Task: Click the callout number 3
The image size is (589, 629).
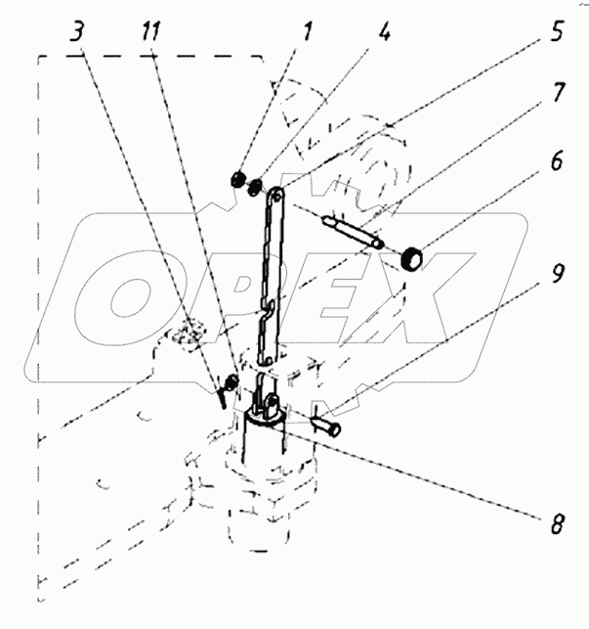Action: [77, 32]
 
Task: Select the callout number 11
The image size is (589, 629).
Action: [150, 31]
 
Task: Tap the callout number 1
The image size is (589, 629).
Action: [307, 31]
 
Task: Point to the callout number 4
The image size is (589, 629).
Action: [384, 31]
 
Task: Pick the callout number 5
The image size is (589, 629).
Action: [557, 31]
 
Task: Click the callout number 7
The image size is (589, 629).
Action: [558, 92]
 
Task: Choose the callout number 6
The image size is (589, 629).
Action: [557, 160]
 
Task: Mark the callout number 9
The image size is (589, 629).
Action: [558, 274]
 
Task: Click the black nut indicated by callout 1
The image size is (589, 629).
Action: [238, 179]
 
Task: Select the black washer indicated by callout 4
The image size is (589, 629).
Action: [256, 187]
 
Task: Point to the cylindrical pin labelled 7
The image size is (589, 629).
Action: [353, 232]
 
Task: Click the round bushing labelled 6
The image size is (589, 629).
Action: [411, 259]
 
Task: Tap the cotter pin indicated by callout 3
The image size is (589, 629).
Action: [221, 397]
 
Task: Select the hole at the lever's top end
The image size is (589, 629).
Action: [276, 197]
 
